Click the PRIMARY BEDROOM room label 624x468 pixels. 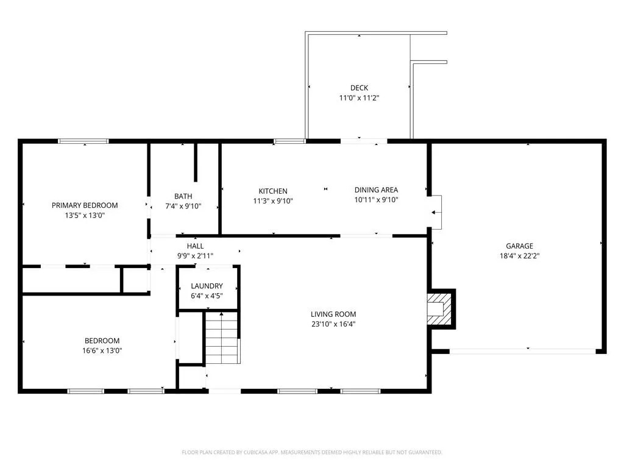click(85, 205)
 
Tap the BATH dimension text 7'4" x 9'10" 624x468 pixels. click(183, 206)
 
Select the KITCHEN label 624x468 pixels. click(273, 191)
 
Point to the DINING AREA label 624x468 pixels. click(376, 190)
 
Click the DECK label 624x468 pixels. click(359, 88)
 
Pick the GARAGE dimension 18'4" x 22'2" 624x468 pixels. click(519, 256)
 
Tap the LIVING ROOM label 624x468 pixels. click(333, 314)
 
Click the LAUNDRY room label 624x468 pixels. click(207, 286)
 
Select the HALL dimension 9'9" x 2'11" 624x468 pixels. click(195, 256)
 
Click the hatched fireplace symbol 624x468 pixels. click(440, 309)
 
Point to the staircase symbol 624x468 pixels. click(222, 338)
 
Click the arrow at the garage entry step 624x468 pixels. click(436, 213)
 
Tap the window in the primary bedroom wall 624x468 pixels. click(83, 141)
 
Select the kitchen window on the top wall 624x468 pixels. click(289, 141)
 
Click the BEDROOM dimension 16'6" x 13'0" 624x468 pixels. click(102, 350)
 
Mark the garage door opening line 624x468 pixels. click(522, 352)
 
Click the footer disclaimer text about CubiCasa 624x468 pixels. click(312, 452)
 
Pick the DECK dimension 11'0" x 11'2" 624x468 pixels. click(359, 98)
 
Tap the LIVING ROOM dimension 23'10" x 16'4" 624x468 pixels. click(333, 324)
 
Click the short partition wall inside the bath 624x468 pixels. click(196, 162)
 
